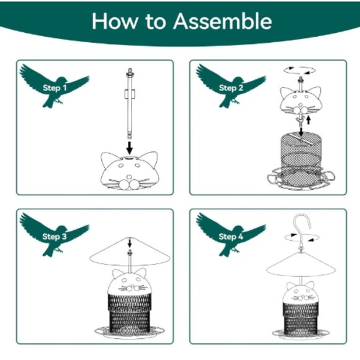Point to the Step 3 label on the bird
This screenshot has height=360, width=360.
[52, 236]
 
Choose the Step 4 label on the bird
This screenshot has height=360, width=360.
[228, 236]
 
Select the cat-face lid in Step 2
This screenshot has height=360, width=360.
[299, 98]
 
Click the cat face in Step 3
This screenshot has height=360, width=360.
[130, 286]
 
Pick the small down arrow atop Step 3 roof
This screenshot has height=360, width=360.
[130, 242]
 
